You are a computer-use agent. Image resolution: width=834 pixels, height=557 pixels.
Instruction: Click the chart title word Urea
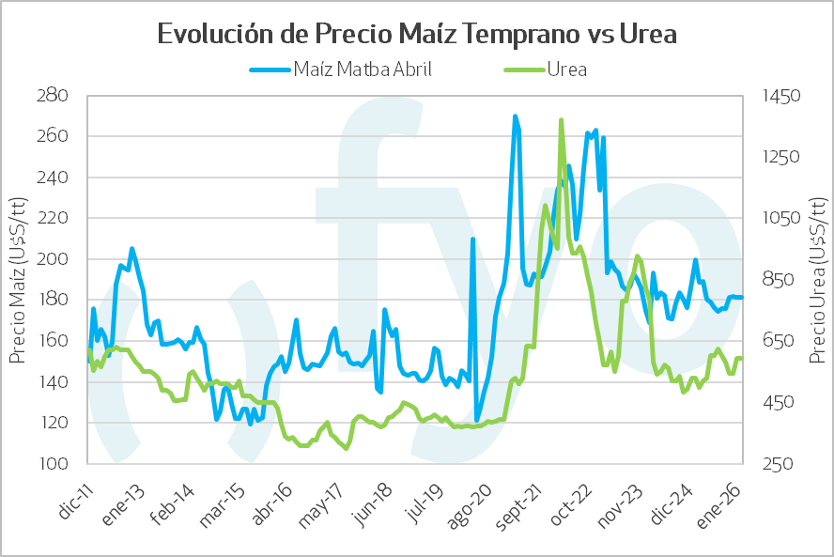click(x=649, y=34)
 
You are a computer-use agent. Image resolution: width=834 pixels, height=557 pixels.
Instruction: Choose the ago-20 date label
click(x=470, y=498)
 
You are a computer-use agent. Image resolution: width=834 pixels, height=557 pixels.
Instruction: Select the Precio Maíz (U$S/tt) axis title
click(x=18, y=280)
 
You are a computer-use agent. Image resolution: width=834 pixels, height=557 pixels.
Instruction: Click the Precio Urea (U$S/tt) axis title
click(x=817, y=280)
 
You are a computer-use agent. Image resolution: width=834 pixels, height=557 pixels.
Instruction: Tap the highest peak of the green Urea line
click(x=561, y=120)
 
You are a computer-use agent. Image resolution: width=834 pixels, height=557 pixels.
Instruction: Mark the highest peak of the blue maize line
click(x=515, y=116)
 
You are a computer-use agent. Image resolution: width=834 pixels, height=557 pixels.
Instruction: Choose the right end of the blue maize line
click(x=742, y=298)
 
